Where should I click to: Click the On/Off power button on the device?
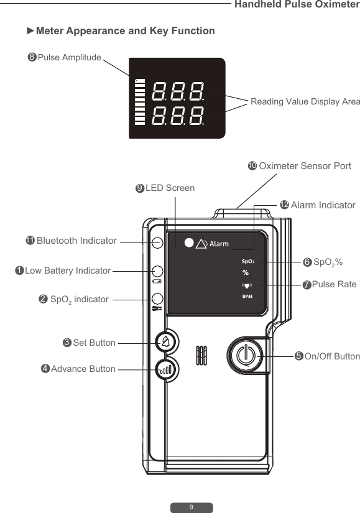coord(247,356)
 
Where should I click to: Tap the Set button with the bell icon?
coord(165,341)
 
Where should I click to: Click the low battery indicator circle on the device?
coord(157,271)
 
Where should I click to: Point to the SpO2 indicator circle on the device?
coord(157,298)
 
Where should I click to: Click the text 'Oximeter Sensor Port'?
coord(305,166)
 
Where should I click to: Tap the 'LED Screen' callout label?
coord(170,188)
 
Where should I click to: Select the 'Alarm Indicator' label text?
coord(323,205)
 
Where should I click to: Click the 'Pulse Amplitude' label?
coord(69,58)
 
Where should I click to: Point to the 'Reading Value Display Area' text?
coord(305,101)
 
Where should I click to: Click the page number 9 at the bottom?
coord(192,507)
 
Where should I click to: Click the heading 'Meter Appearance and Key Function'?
coord(125,31)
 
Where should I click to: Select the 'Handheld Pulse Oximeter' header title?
coord(297,5)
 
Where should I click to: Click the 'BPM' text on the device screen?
coord(247,297)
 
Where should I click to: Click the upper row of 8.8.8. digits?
coord(178,92)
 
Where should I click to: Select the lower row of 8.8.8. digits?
coord(178,116)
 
